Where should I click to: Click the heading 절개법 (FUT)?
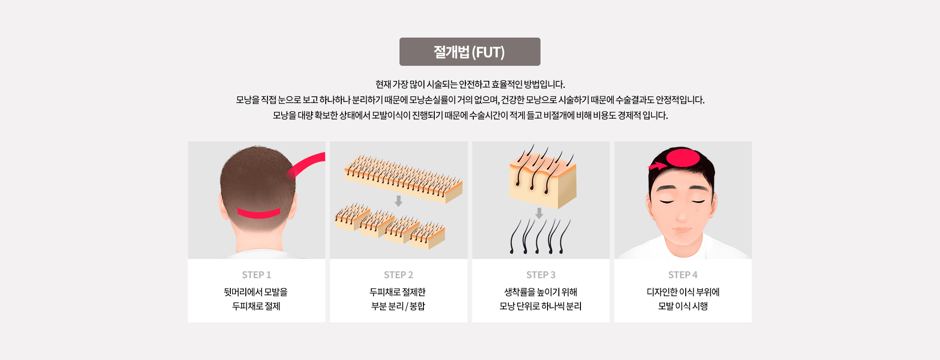(x=469, y=52)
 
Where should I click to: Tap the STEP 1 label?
(x=257, y=275)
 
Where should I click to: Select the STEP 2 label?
(x=399, y=275)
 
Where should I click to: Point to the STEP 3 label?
(x=541, y=275)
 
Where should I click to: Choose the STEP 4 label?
(x=683, y=275)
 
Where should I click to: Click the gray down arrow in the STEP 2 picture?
(x=399, y=201)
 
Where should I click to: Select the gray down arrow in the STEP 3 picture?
(x=539, y=213)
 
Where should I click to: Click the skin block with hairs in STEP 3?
(x=543, y=178)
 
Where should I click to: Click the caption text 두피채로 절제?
(x=257, y=306)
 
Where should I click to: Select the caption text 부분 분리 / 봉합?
(x=399, y=306)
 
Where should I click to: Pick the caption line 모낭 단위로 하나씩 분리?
(x=540, y=306)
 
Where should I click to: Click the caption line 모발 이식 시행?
(x=683, y=306)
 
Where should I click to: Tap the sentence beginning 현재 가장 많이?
(x=470, y=84)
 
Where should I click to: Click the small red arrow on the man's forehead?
(x=657, y=165)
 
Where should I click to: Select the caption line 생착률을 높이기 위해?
(x=540, y=292)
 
